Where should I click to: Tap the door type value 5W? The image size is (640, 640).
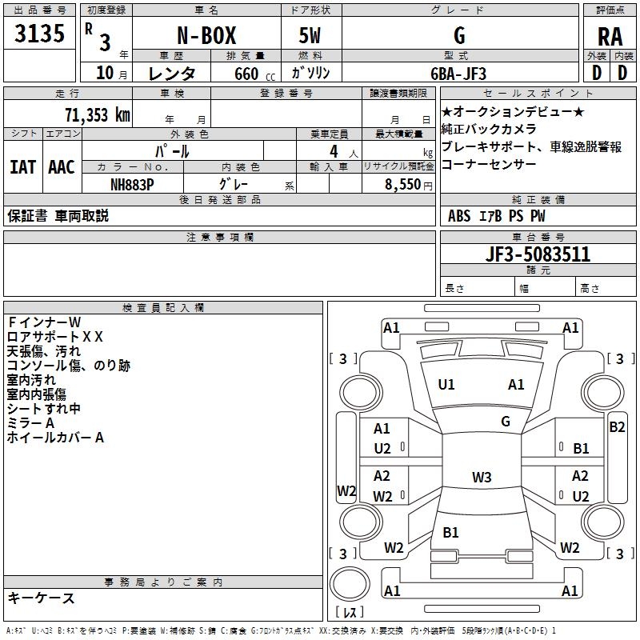tap(311, 36)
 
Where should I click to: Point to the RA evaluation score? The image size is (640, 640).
tap(610, 37)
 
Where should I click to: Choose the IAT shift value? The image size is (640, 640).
tap(23, 166)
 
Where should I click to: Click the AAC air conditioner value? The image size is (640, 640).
tap(62, 166)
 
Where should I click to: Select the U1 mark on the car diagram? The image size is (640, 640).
tap(446, 385)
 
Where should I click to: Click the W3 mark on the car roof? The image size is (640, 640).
tap(482, 478)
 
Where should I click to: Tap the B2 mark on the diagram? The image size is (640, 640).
tap(617, 427)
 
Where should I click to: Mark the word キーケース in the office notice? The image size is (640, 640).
tap(42, 598)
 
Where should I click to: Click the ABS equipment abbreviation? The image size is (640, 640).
tap(459, 216)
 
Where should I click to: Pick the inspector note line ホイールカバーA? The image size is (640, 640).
tap(56, 438)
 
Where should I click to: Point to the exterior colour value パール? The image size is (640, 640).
tap(171, 151)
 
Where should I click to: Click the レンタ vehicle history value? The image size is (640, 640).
tap(172, 74)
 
